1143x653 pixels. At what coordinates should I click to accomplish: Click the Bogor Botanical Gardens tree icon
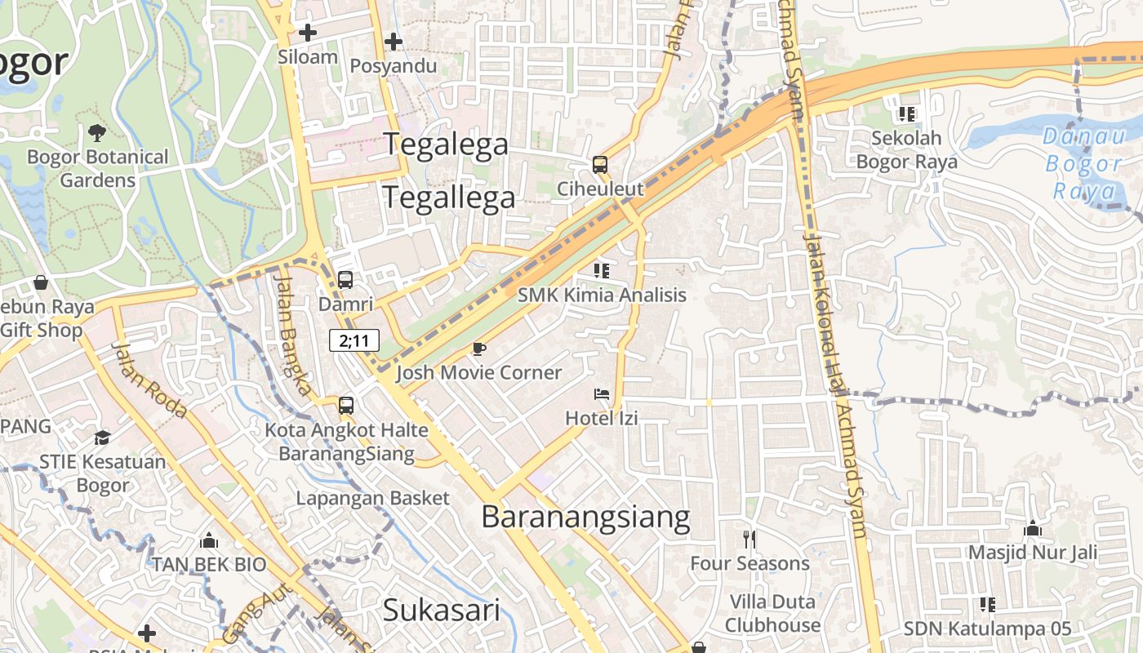click(96, 132)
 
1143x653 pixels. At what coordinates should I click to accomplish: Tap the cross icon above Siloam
click(308, 33)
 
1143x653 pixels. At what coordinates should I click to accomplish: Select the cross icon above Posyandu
click(394, 41)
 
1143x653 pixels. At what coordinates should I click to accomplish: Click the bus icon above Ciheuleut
click(600, 165)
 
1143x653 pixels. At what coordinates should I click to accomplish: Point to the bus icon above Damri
click(345, 280)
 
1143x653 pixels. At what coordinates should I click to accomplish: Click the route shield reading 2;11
click(354, 340)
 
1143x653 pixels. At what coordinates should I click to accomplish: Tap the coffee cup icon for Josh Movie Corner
click(479, 349)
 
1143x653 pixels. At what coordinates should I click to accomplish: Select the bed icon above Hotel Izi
click(602, 394)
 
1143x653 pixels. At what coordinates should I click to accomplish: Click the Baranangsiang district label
click(585, 518)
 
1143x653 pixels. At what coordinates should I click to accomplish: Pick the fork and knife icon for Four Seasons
click(749, 539)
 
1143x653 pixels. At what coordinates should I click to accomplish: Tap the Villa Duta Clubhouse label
click(772, 614)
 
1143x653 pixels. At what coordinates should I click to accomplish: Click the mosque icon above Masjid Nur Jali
click(1033, 529)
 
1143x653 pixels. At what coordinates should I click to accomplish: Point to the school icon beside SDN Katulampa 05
click(988, 605)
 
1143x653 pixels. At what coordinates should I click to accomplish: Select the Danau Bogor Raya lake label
click(1085, 163)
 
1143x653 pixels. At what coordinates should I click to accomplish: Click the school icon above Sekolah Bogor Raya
click(906, 114)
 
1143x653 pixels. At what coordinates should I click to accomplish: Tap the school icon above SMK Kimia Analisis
click(602, 270)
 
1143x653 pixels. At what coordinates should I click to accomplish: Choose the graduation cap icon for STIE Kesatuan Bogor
click(102, 438)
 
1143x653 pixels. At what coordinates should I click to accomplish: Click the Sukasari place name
click(441, 610)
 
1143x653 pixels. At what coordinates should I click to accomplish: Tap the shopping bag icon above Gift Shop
click(41, 282)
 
